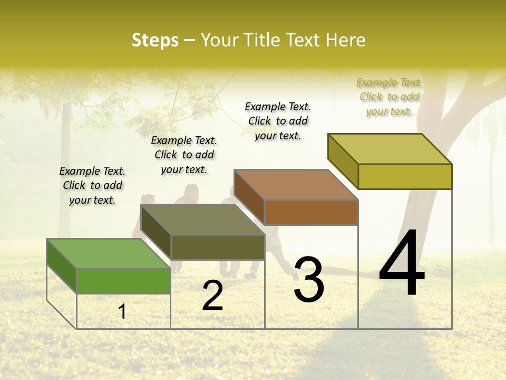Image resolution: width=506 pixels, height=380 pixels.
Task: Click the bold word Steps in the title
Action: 155,40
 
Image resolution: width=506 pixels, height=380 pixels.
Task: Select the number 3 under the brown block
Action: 309,279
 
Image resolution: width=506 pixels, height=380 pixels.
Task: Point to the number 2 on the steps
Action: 212,296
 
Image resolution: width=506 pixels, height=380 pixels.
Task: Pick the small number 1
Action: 122,312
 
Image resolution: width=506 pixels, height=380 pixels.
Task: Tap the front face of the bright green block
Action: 123,281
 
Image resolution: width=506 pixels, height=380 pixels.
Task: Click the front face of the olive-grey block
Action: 218,247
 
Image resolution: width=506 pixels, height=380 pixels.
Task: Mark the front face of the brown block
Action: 311,212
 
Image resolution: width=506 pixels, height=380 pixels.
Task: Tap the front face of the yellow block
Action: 405,176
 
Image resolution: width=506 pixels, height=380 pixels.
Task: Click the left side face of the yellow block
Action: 343,160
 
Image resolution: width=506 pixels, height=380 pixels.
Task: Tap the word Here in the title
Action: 346,40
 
